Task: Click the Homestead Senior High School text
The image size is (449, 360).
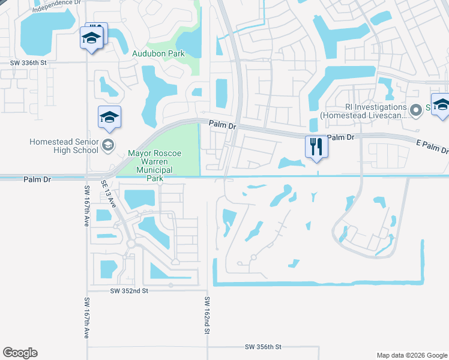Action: pos(64,146)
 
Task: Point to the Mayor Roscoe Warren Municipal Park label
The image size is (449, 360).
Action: pos(150,162)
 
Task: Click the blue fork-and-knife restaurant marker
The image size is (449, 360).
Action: pos(316,146)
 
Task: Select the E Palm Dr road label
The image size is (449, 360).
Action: pos(432,145)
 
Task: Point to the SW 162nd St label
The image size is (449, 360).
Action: pos(207,315)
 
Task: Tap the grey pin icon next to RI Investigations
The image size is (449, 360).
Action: pos(415,109)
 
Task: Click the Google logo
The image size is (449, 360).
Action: pos(20,353)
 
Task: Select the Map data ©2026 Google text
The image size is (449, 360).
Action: pos(411,355)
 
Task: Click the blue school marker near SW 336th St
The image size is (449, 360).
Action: pos(91,38)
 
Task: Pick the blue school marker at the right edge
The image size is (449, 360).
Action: pos(441,105)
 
